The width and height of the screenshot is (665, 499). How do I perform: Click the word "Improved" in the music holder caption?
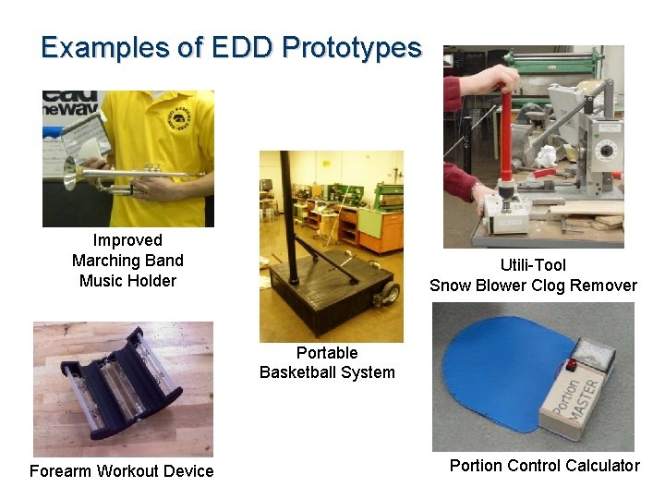click(x=127, y=240)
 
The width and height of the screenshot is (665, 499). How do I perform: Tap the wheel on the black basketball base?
click(x=390, y=294)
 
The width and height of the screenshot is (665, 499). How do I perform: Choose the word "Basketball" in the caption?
click(x=327, y=372)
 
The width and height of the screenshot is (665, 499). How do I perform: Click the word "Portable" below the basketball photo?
click(x=327, y=352)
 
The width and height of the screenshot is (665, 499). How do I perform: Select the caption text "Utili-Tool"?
click(x=533, y=265)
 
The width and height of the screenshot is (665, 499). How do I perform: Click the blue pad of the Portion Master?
click(x=499, y=370)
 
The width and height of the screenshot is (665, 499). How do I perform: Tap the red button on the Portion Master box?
click(x=573, y=365)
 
